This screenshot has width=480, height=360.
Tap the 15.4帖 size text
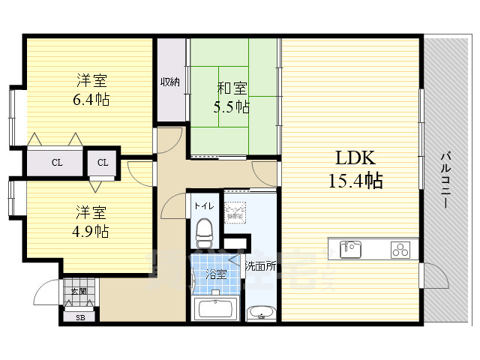[x=355, y=181]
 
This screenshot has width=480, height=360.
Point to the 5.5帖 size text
[x=232, y=106]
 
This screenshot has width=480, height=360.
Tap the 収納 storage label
[x=169, y=82]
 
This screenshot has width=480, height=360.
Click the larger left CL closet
[x=57, y=162]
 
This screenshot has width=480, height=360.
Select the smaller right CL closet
[x=103, y=162]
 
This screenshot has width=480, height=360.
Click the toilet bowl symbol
[x=204, y=232]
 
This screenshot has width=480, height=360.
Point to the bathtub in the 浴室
[x=215, y=308]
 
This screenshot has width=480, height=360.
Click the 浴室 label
[x=216, y=274]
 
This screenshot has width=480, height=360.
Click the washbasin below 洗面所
[x=260, y=313]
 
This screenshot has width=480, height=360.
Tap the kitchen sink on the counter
[x=350, y=247]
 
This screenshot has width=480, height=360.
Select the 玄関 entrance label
[x=79, y=291]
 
